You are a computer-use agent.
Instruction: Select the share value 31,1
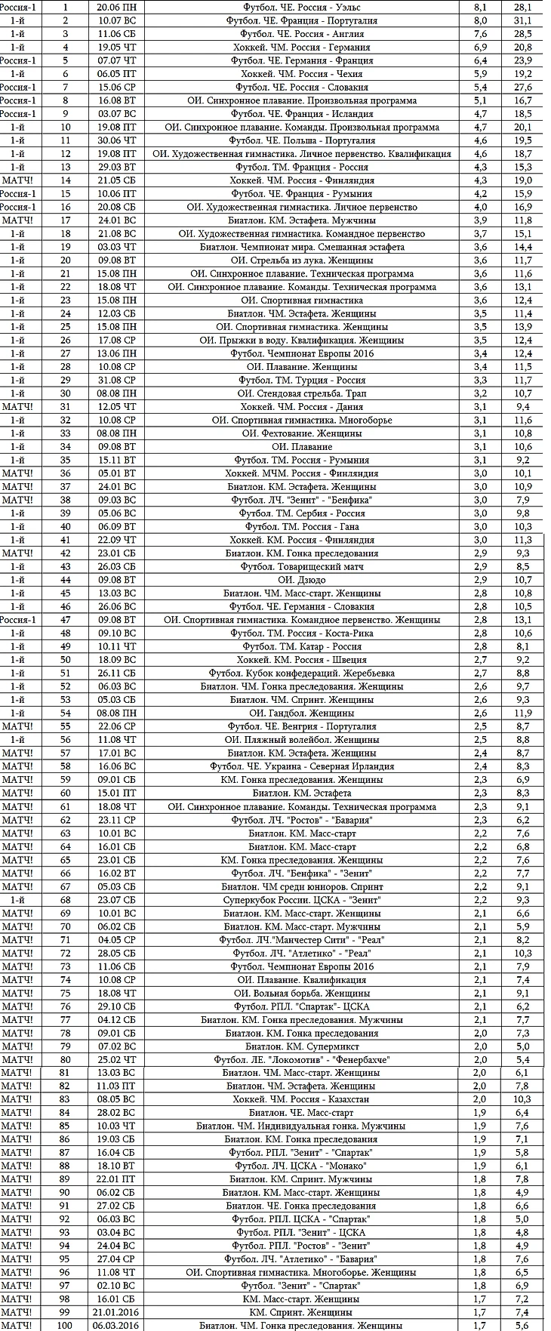[x=523, y=20]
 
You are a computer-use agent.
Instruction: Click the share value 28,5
[x=523, y=34]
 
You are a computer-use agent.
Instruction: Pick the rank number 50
[x=66, y=659]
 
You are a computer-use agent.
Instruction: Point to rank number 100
[x=66, y=1325]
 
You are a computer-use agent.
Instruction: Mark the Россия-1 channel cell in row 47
[x=18, y=620]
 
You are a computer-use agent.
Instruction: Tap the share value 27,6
[x=523, y=87]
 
